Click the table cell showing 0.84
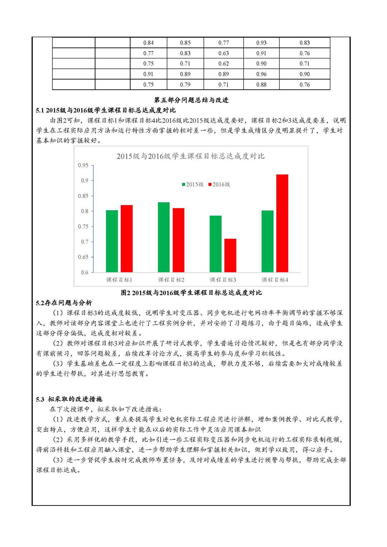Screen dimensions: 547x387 coord(148,43)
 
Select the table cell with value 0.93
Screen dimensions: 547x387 coord(261,43)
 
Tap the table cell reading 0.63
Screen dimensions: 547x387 coord(223,53)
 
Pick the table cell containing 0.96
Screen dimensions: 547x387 coord(261,74)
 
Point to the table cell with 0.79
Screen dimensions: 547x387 coord(185,85)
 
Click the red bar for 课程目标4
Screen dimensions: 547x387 coord(282,223)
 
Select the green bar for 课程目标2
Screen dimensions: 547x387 coord(164,237)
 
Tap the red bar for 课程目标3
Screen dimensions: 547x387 coord(230,255)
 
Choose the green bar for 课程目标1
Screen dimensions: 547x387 coord(112,241)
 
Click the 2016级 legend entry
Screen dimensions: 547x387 coord(219,184)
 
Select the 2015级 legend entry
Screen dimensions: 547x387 coord(193,184)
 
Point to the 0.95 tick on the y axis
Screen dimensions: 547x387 coord(83,165)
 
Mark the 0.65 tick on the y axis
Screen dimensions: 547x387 coord(83,257)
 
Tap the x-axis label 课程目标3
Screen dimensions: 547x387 coord(223,280)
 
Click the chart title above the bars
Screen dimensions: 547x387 coord(191,156)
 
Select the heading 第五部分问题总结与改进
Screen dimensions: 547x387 coord(191,100)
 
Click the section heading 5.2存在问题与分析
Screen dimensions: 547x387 coord(64,303)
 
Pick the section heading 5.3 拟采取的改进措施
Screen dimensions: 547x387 coord(69,399)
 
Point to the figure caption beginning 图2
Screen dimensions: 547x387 coord(191,293)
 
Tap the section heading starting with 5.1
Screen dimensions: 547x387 coord(106,110)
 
